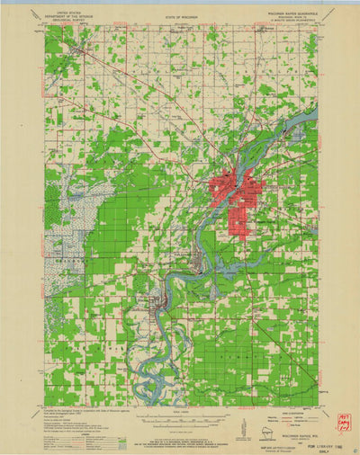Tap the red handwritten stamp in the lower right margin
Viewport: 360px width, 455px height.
point(343,423)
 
